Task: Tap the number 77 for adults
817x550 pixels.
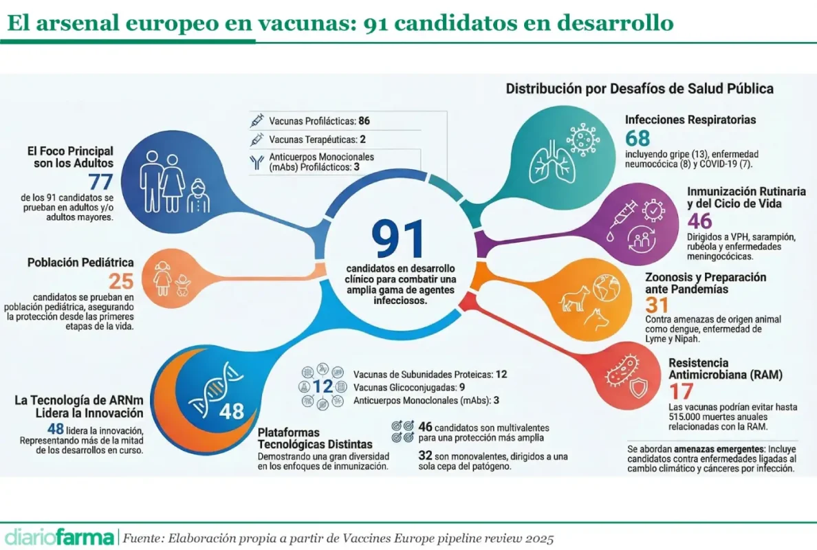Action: tap(100, 183)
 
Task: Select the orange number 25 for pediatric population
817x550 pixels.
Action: tap(121, 280)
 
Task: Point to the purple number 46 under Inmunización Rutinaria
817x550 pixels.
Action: tap(700, 221)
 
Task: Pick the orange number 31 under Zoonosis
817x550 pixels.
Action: tap(656, 305)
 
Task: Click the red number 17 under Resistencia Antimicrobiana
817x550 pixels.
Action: tap(682, 391)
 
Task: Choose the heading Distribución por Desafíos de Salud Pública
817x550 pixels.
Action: tap(640, 89)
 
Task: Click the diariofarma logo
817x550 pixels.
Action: tap(59, 536)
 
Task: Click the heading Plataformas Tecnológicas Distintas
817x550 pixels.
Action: tap(315, 439)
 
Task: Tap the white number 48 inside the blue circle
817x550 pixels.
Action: tap(232, 411)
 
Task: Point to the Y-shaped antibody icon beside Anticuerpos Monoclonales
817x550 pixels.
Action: tap(258, 162)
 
